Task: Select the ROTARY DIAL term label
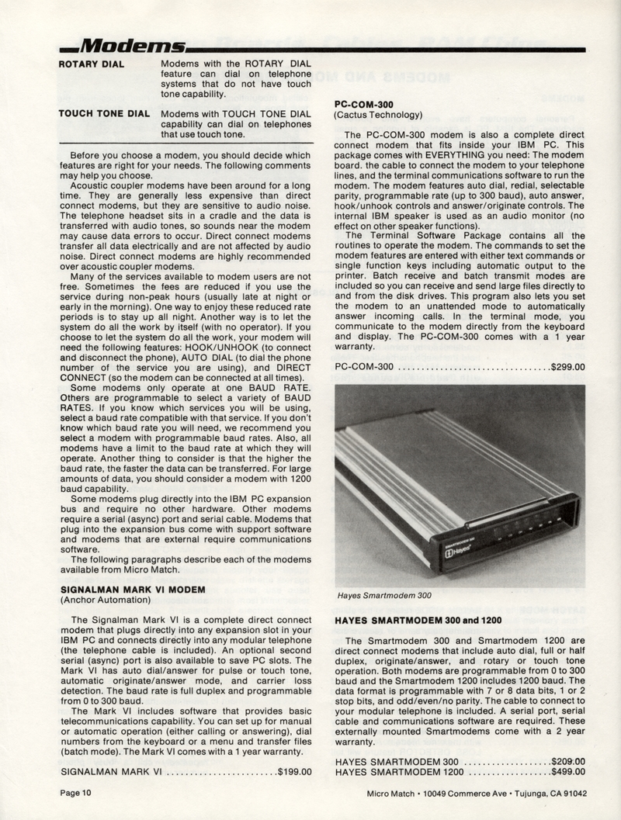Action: click(x=92, y=63)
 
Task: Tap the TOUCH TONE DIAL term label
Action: click(x=104, y=114)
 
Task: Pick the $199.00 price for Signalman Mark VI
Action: click(x=294, y=772)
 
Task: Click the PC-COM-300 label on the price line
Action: click(x=365, y=366)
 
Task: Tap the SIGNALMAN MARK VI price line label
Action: click(x=111, y=772)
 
